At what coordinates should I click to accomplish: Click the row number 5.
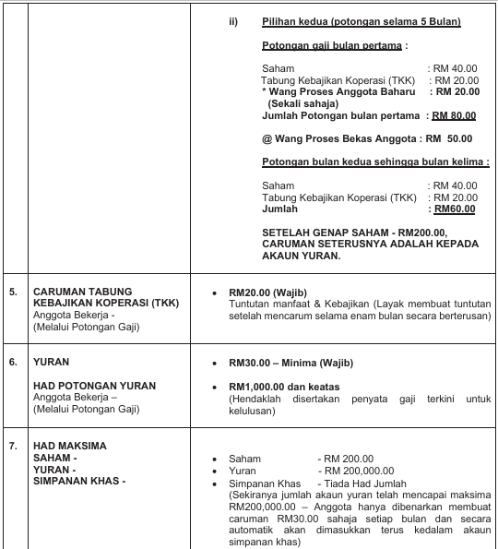(x=13, y=292)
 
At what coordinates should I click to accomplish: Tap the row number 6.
(x=13, y=362)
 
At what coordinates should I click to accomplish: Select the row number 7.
(x=13, y=446)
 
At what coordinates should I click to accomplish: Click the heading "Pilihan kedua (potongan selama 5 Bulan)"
(x=362, y=21)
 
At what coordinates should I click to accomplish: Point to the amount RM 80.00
(x=454, y=115)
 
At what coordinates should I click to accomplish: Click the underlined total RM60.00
(x=456, y=209)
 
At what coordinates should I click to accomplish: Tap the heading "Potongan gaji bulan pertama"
(x=333, y=44)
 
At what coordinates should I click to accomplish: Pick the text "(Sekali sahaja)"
(x=301, y=103)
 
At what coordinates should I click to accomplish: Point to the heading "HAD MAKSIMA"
(x=69, y=446)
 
